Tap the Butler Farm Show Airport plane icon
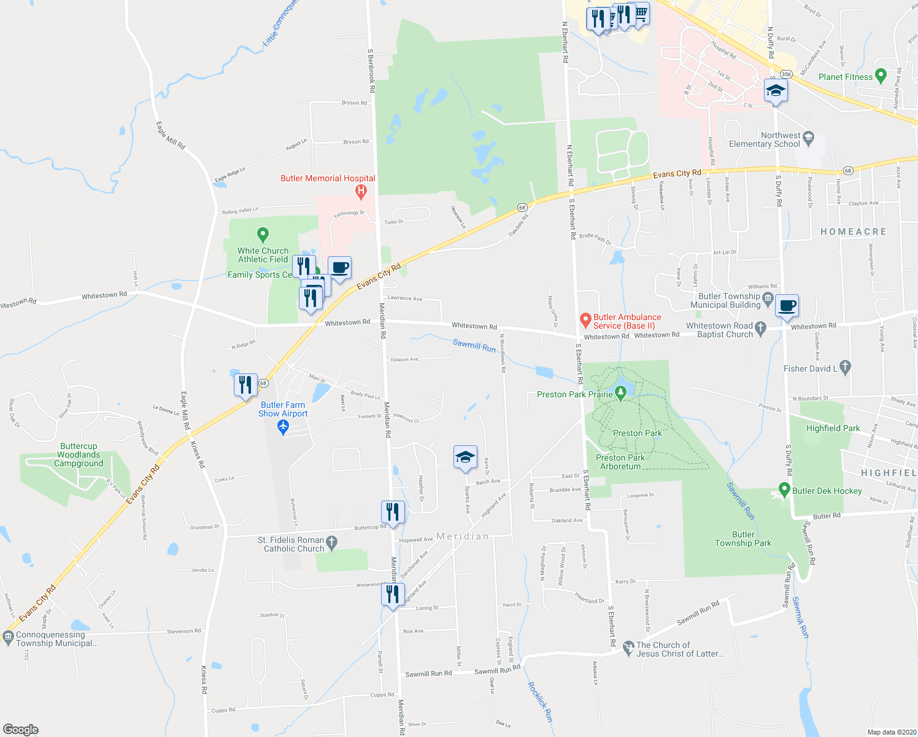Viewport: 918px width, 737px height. (283, 427)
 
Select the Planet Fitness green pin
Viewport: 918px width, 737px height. (881, 76)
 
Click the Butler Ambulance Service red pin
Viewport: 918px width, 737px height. (585, 320)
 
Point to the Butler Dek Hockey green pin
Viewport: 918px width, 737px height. (784, 490)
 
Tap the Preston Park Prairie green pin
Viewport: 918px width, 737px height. (620, 393)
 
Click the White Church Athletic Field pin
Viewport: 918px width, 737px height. (263, 234)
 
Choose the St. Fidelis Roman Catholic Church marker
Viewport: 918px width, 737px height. (332, 542)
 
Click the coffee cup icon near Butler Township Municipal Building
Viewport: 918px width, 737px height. (787, 305)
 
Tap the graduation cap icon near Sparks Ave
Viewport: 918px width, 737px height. (465, 457)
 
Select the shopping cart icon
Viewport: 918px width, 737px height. (641, 12)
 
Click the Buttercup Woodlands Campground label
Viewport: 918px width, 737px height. (79, 454)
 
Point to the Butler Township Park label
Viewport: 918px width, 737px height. (743, 539)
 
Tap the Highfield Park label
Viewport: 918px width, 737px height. (833, 428)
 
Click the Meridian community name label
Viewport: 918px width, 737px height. (463, 536)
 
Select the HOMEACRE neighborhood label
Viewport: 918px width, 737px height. (854, 232)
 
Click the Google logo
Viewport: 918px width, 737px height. (20, 729)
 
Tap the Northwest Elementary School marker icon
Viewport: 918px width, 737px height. (808, 137)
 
